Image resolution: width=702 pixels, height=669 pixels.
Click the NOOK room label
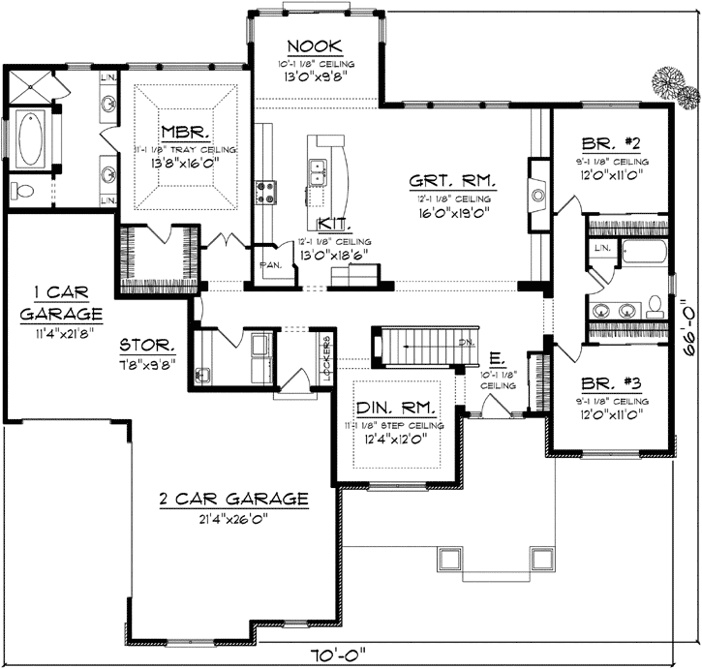point(311,46)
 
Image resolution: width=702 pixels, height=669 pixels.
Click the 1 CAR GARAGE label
point(60,305)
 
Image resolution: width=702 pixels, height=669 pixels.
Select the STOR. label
point(147,344)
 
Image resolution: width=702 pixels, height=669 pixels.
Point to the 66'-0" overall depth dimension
point(687,332)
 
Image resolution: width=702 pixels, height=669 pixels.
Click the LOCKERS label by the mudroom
point(328,356)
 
